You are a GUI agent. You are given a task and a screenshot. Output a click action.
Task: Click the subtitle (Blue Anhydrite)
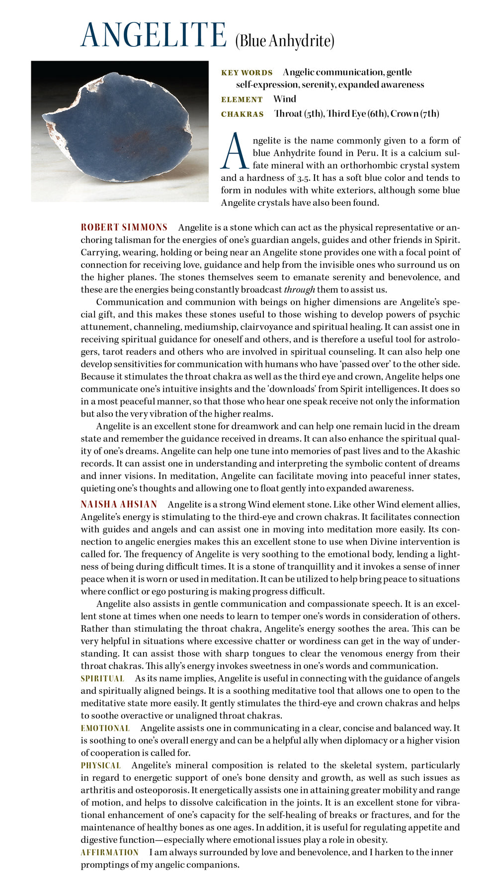click(x=285, y=41)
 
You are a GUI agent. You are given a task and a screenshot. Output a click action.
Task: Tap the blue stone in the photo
click(x=117, y=131)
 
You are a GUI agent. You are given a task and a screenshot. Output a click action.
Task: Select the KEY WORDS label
click(x=246, y=73)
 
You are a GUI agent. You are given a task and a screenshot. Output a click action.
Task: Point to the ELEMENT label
click(x=242, y=99)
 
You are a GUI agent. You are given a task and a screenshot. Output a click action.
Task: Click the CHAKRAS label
click(x=242, y=114)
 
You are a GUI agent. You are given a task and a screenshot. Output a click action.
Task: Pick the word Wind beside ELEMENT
click(x=284, y=99)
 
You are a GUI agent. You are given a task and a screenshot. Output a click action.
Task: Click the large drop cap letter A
click(x=234, y=150)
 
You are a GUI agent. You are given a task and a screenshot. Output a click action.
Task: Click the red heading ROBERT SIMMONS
click(x=124, y=227)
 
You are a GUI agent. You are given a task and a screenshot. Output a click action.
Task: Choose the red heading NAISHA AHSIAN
click(x=119, y=505)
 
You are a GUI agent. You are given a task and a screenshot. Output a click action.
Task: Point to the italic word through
click(x=299, y=290)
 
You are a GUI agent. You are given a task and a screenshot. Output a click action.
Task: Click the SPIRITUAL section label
click(x=102, y=678)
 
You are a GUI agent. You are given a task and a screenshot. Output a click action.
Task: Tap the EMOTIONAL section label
click(x=105, y=728)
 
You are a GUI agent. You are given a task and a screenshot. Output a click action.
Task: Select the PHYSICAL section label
click(x=100, y=765)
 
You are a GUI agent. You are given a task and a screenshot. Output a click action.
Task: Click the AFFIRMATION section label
click(x=109, y=852)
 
